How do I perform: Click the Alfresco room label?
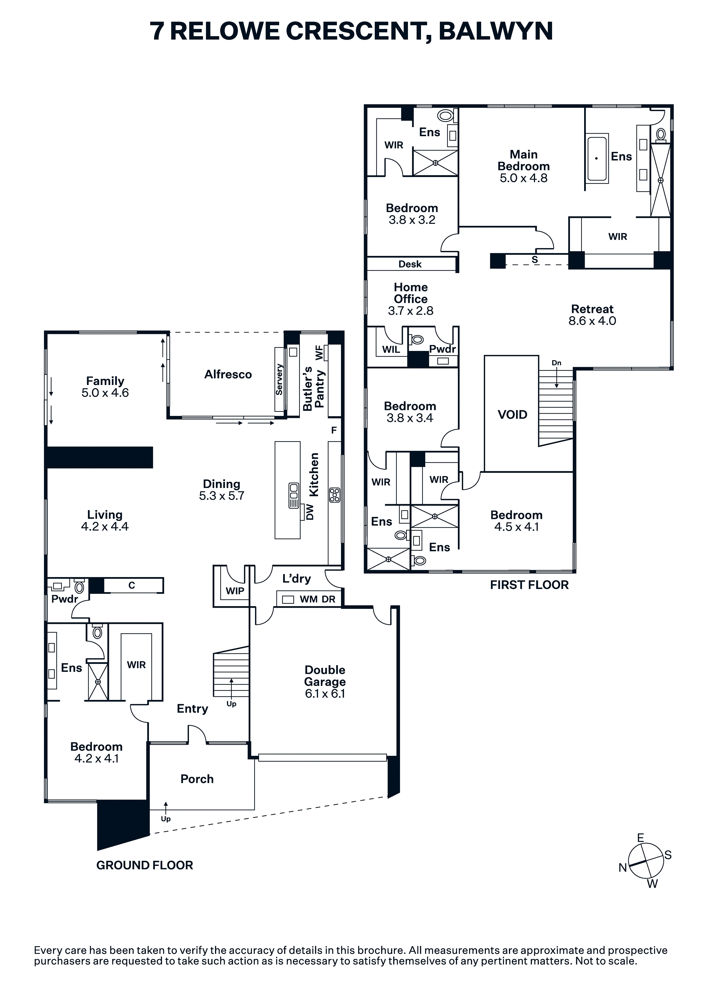click(228, 375)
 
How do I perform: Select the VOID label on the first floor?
click(512, 415)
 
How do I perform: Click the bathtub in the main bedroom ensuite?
click(597, 159)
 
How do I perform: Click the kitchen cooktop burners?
click(334, 495)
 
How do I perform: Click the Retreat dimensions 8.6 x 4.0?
click(592, 321)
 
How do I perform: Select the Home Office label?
click(411, 293)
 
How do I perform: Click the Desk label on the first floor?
click(410, 264)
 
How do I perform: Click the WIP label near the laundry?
click(235, 591)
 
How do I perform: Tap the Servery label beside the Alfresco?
click(279, 379)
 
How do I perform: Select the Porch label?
click(197, 779)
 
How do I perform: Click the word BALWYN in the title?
click(496, 31)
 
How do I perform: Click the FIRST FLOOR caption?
click(529, 585)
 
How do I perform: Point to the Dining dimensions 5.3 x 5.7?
click(222, 496)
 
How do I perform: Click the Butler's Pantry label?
click(313, 388)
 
